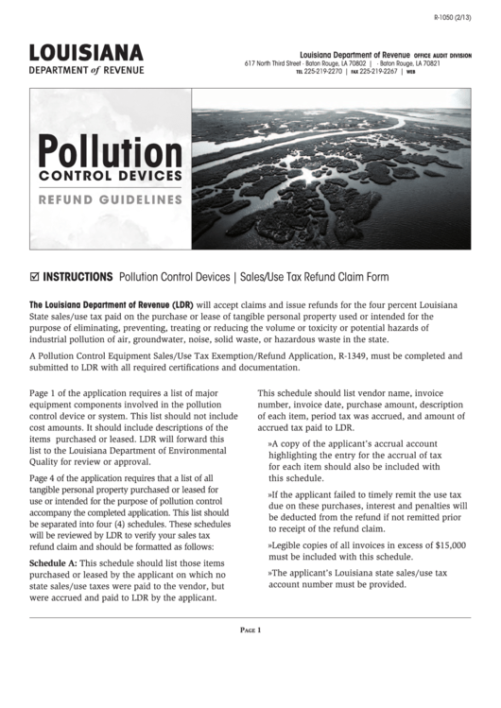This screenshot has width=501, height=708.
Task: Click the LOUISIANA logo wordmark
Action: coord(86,52)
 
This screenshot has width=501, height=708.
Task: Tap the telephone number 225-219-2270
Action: coord(326,71)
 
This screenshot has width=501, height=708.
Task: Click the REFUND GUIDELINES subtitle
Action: coord(110,199)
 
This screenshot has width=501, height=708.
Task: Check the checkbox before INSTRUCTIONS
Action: coord(35,277)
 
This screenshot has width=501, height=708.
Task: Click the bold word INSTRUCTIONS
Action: coord(78,277)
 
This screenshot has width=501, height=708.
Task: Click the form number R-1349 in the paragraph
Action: coord(353,355)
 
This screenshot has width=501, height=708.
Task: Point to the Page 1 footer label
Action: coord(250,630)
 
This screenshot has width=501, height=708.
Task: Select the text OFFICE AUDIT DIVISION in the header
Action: coord(442,56)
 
